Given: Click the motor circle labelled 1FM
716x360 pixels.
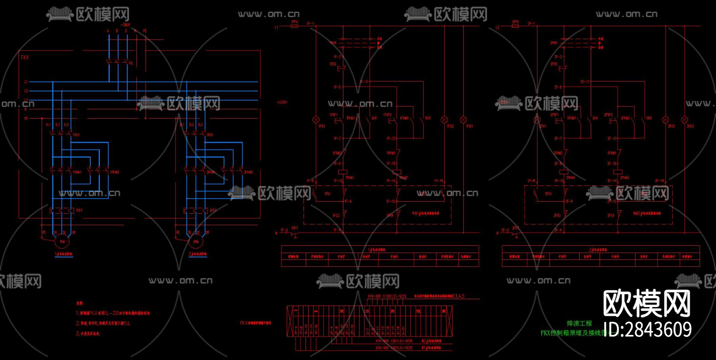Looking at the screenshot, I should [x=62, y=241].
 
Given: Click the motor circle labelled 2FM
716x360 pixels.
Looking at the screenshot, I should [x=196, y=241].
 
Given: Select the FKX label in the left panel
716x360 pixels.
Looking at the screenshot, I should [x=25, y=58].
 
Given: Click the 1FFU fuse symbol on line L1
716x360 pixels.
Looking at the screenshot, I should [x=294, y=26].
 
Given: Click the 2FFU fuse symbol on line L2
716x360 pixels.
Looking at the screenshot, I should [x=515, y=26].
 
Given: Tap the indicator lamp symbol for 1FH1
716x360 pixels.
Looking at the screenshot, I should [x=316, y=119].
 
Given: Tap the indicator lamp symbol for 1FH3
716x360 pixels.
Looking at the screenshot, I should [x=463, y=119].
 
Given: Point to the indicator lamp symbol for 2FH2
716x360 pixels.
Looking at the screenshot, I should [x=665, y=119].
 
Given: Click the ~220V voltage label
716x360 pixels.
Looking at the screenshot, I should [x=282, y=102].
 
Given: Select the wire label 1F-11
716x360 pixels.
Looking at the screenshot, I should [x=364, y=82].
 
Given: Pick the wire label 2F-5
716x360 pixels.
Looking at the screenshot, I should [x=558, y=87].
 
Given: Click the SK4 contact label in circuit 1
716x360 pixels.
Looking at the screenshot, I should [x=374, y=118].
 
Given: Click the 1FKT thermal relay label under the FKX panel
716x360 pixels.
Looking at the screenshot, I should [x=79, y=210].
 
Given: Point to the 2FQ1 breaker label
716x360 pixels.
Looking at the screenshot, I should [x=210, y=135].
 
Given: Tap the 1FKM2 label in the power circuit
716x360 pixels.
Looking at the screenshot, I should [x=115, y=172].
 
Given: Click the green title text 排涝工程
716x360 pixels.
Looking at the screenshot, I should [x=579, y=323].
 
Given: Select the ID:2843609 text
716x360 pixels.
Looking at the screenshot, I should [x=648, y=330].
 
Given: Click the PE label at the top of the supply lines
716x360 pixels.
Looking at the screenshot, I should [x=145, y=31].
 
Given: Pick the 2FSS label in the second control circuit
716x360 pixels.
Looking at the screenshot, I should [x=554, y=64].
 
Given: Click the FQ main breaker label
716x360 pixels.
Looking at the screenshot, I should [x=131, y=63].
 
